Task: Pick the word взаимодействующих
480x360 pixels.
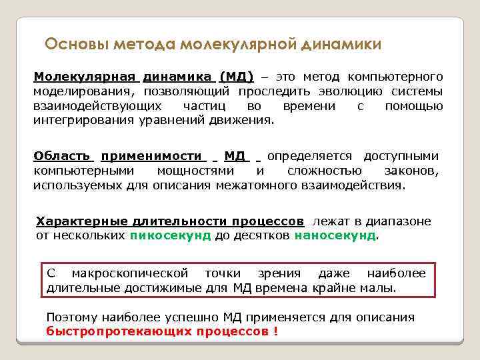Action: (x=97, y=106)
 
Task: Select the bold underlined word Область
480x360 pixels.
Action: (x=62, y=156)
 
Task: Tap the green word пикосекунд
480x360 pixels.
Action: (x=171, y=235)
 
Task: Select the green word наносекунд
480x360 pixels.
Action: (x=335, y=235)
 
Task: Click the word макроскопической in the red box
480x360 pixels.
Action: (x=129, y=274)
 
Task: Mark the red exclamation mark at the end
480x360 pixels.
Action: (x=276, y=331)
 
